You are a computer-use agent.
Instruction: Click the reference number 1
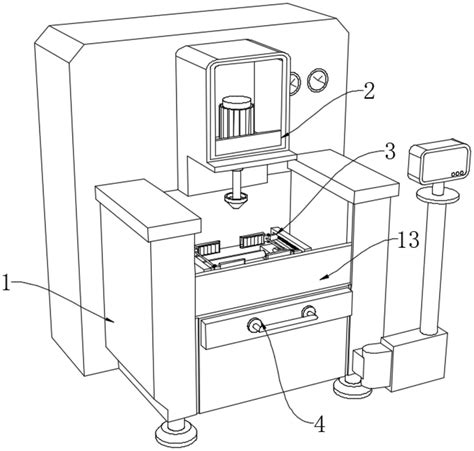pyautogui.click(x=6, y=283)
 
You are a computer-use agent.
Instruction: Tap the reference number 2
pyautogui.click(x=368, y=90)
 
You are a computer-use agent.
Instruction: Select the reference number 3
pyautogui.click(x=389, y=152)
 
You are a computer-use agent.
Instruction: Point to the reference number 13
pyautogui.click(x=408, y=240)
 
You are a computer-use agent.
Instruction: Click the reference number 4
pyautogui.click(x=320, y=424)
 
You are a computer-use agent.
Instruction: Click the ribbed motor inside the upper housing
pyautogui.click(x=236, y=117)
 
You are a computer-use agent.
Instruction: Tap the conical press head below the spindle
pyautogui.click(x=236, y=201)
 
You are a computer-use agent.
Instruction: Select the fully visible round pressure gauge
pyautogui.click(x=318, y=80)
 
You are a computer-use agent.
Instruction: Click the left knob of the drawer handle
pyautogui.click(x=255, y=325)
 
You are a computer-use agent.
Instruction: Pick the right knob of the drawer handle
pyautogui.click(x=309, y=312)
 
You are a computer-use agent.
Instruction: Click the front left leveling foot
pyautogui.click(x=176, y=434)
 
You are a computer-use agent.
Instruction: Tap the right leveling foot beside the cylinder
pyautogui.click(x=350, y=386)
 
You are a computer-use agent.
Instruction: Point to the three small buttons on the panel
pyautogui.click(x=457, y=174)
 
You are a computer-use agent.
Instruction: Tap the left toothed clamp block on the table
pyautogui.click(x=209, y=247)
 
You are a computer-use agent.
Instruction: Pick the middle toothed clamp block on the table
pyautogui.click(x=252, y=240)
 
